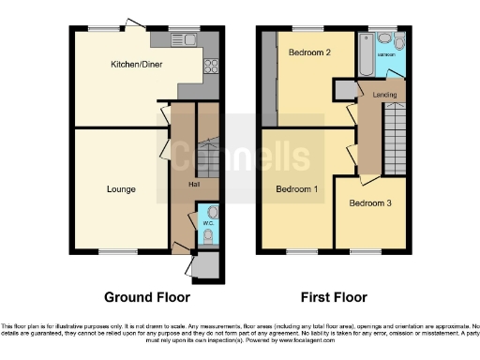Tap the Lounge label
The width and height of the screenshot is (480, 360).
click(x=120, y=189)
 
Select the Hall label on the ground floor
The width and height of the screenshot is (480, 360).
click(x=192, y=184)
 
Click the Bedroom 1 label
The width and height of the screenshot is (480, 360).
click(x=296, y=189)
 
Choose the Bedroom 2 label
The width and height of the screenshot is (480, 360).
click(x=308, y=52)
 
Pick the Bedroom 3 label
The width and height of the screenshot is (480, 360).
click(x=369, y=203)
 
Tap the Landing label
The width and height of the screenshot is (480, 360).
click(x=384, y=95)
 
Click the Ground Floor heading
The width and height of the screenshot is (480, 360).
click(x=142, y=297)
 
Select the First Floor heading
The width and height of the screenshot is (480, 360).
click(x=333, y=297)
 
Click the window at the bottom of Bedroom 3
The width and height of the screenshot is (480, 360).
click(x=366, y=250)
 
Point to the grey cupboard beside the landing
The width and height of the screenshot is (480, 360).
click(x=344, y=88)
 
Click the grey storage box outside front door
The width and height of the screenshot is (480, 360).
click(x=211, y=265)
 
